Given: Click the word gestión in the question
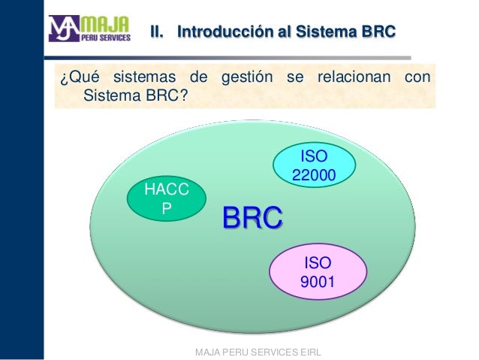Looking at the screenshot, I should coord(245,78).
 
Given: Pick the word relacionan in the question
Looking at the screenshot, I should coord(345,78).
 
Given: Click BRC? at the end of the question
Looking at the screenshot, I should coord(163,96).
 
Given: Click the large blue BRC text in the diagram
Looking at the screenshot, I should coord(252,219).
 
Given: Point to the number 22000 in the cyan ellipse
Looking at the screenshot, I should coord(314,174).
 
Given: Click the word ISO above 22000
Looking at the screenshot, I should coord(314,156).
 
